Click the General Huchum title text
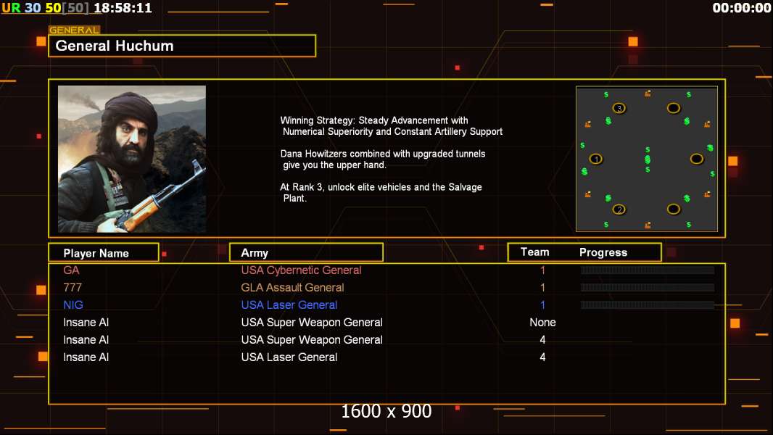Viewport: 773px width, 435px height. pos(115,46)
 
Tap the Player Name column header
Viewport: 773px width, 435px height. pos(96,253)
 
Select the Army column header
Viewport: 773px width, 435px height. pos(255,253)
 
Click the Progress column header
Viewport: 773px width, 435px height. pos(603,252)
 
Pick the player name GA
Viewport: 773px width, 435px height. pos(71,270)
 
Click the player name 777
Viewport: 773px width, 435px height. pos(73,287)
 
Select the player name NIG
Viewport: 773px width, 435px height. pos(73,305)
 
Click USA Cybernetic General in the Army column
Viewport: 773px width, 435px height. pos(301,270)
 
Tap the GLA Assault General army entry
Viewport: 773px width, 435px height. pos(292,287)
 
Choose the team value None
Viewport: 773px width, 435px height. pos(542,322)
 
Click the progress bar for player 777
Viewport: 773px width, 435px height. pos(648,287)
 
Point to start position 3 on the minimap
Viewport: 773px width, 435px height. pos(619,108)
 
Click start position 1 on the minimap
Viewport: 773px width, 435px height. pos(596,159)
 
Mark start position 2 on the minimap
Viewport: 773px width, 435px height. pos(619,210)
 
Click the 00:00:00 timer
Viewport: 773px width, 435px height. pos(741,8)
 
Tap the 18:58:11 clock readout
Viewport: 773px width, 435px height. pos(123,8)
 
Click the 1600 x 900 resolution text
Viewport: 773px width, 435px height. pos(386,411)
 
